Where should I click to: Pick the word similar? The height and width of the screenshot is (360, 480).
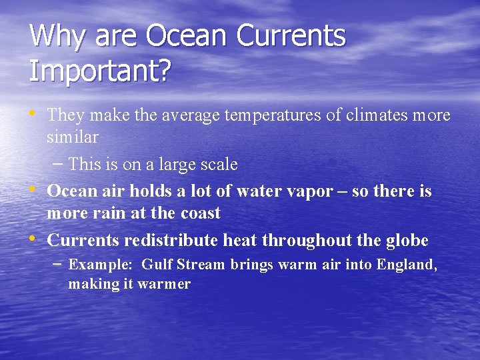point(73,137)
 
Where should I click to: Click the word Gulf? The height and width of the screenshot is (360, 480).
point(157,265)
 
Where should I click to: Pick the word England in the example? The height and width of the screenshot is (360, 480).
point(405,265)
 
